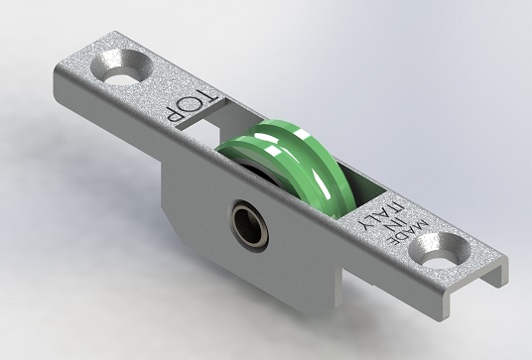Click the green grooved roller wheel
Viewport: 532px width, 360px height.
pos(289,163)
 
